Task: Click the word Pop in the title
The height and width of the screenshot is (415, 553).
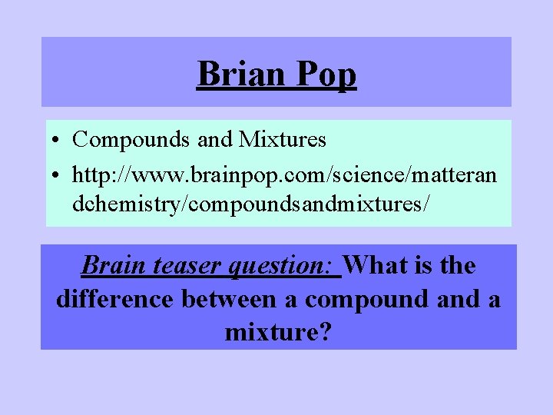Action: (328, 75)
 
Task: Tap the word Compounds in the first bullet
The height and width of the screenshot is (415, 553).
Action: (131, 140)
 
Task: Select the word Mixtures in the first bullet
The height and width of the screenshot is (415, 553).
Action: (283, 140)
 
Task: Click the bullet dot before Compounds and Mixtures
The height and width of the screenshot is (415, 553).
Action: (58, 141)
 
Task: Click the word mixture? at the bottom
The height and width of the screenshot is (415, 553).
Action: (278, 333)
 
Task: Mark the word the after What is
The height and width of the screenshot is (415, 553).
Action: (459, 266)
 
